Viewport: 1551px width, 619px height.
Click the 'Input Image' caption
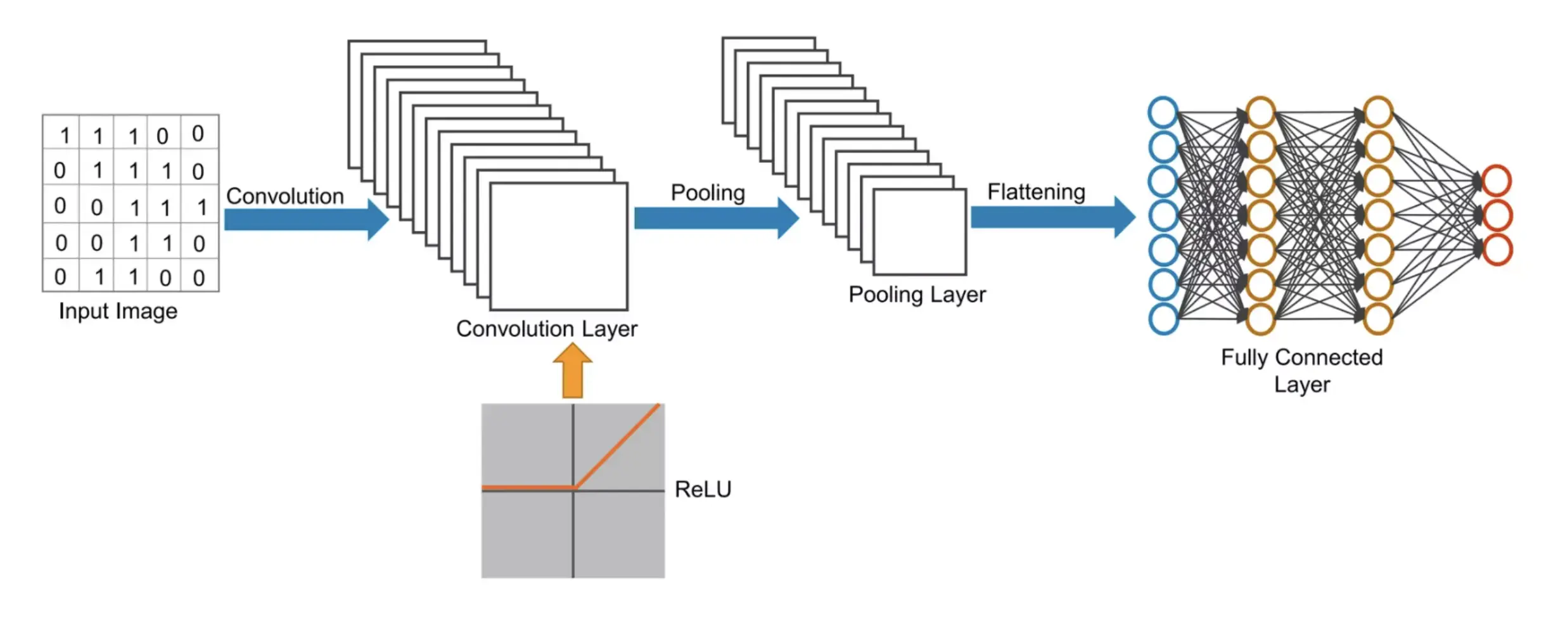coord(118,312)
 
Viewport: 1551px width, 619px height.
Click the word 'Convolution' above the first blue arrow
coord(284,196)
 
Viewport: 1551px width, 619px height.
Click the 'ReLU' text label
coord(703,490)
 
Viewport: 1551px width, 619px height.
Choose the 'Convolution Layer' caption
coord(546,329)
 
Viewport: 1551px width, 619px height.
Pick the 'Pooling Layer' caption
coord(917,295)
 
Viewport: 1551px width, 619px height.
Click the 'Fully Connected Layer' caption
coord(1301,371)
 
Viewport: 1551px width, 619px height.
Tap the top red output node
coord(1497,181)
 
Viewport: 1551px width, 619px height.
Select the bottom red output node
coord(1497,250)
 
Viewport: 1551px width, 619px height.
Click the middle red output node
coord(1497,215)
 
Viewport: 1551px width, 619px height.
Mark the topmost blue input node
coord(1163,113)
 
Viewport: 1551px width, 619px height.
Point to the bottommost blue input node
coord(1164,319)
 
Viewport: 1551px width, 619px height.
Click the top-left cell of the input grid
coord(61,133)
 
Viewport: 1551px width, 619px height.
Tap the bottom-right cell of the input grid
coord(200,276)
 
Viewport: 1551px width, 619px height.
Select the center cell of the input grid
coord(131,205)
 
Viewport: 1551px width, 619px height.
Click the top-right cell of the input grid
coord(200,132)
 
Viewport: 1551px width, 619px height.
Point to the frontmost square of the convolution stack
coord(559,246)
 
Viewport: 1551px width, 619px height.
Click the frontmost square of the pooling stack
coord(919,232)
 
